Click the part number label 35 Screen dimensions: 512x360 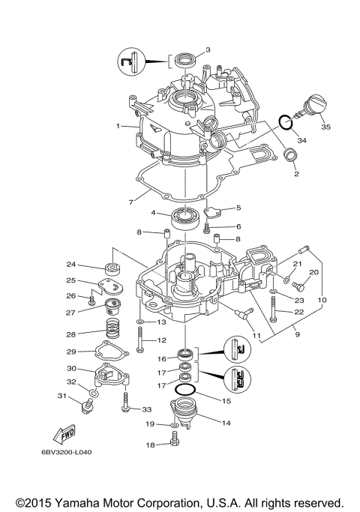click(325, 127)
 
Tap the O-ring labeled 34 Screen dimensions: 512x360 click(284, 121)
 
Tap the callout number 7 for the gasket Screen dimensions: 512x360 click(130, 201)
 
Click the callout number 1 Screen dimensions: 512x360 click(118, 126)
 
